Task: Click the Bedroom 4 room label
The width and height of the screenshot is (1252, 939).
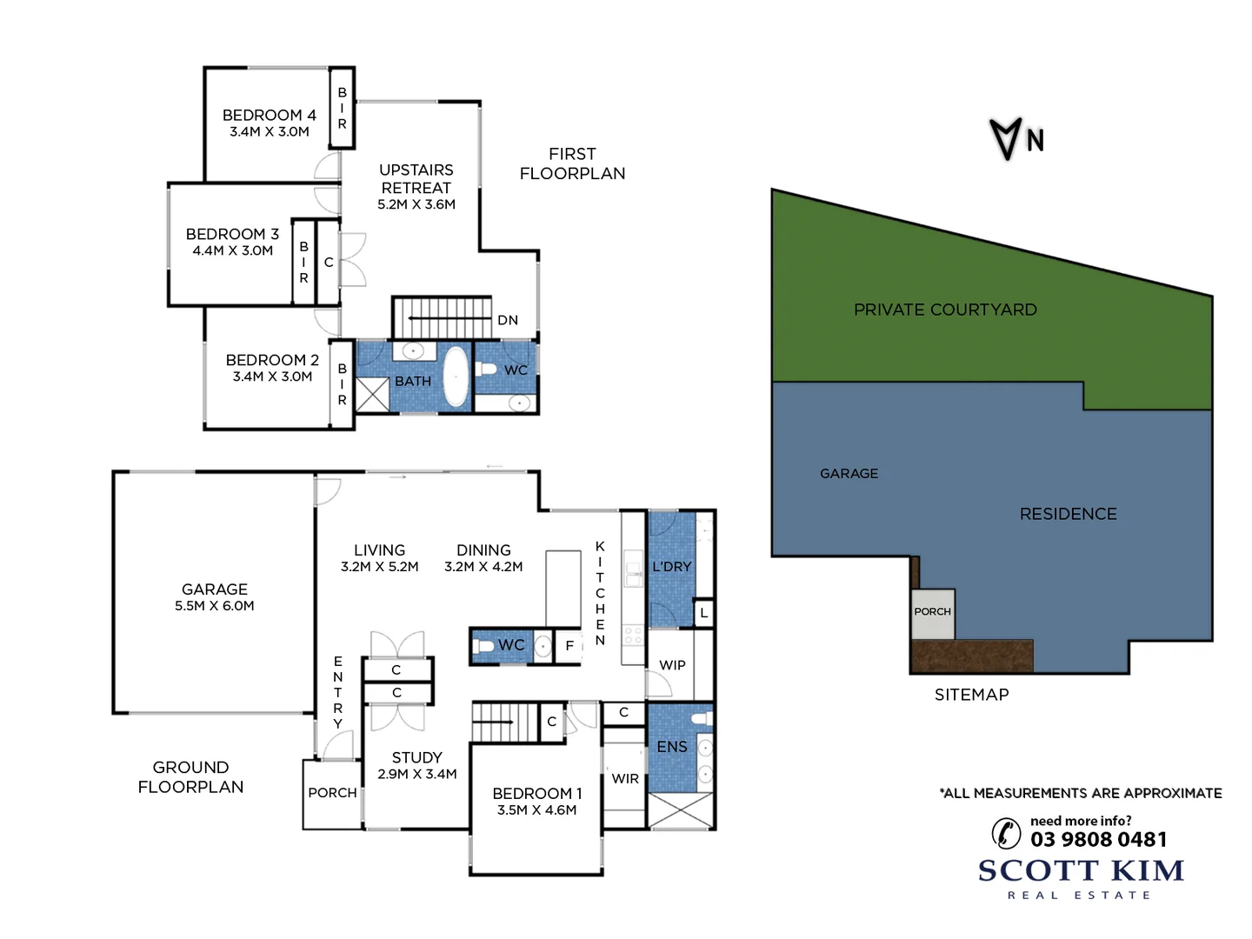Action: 269,115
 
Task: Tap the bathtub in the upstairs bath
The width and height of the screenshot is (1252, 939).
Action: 456,377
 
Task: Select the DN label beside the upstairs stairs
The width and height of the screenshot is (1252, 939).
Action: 508,320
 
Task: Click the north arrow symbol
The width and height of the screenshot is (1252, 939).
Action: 1006,139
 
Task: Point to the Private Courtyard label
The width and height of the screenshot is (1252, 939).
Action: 945,310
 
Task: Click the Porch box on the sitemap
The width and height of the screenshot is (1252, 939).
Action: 932,612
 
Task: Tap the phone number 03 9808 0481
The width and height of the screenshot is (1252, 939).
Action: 1098,839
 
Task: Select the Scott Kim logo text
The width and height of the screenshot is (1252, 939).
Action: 1081,870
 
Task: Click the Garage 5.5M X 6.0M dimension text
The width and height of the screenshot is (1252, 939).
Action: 215,606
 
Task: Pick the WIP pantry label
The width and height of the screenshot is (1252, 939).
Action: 672,665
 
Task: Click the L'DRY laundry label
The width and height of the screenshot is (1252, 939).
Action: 672,567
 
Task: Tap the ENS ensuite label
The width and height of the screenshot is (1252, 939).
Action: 672,747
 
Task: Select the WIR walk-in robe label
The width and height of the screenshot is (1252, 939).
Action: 625,779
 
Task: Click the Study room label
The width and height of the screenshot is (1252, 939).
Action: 416,757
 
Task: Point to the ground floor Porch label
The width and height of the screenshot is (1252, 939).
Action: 332,793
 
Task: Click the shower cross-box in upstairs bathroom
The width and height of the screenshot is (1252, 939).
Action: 373,394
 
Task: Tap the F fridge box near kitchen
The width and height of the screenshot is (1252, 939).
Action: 569,645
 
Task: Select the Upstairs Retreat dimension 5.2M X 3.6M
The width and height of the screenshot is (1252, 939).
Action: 416,204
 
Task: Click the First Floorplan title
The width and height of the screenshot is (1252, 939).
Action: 572,163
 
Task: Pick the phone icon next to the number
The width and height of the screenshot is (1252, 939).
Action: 1006,833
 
